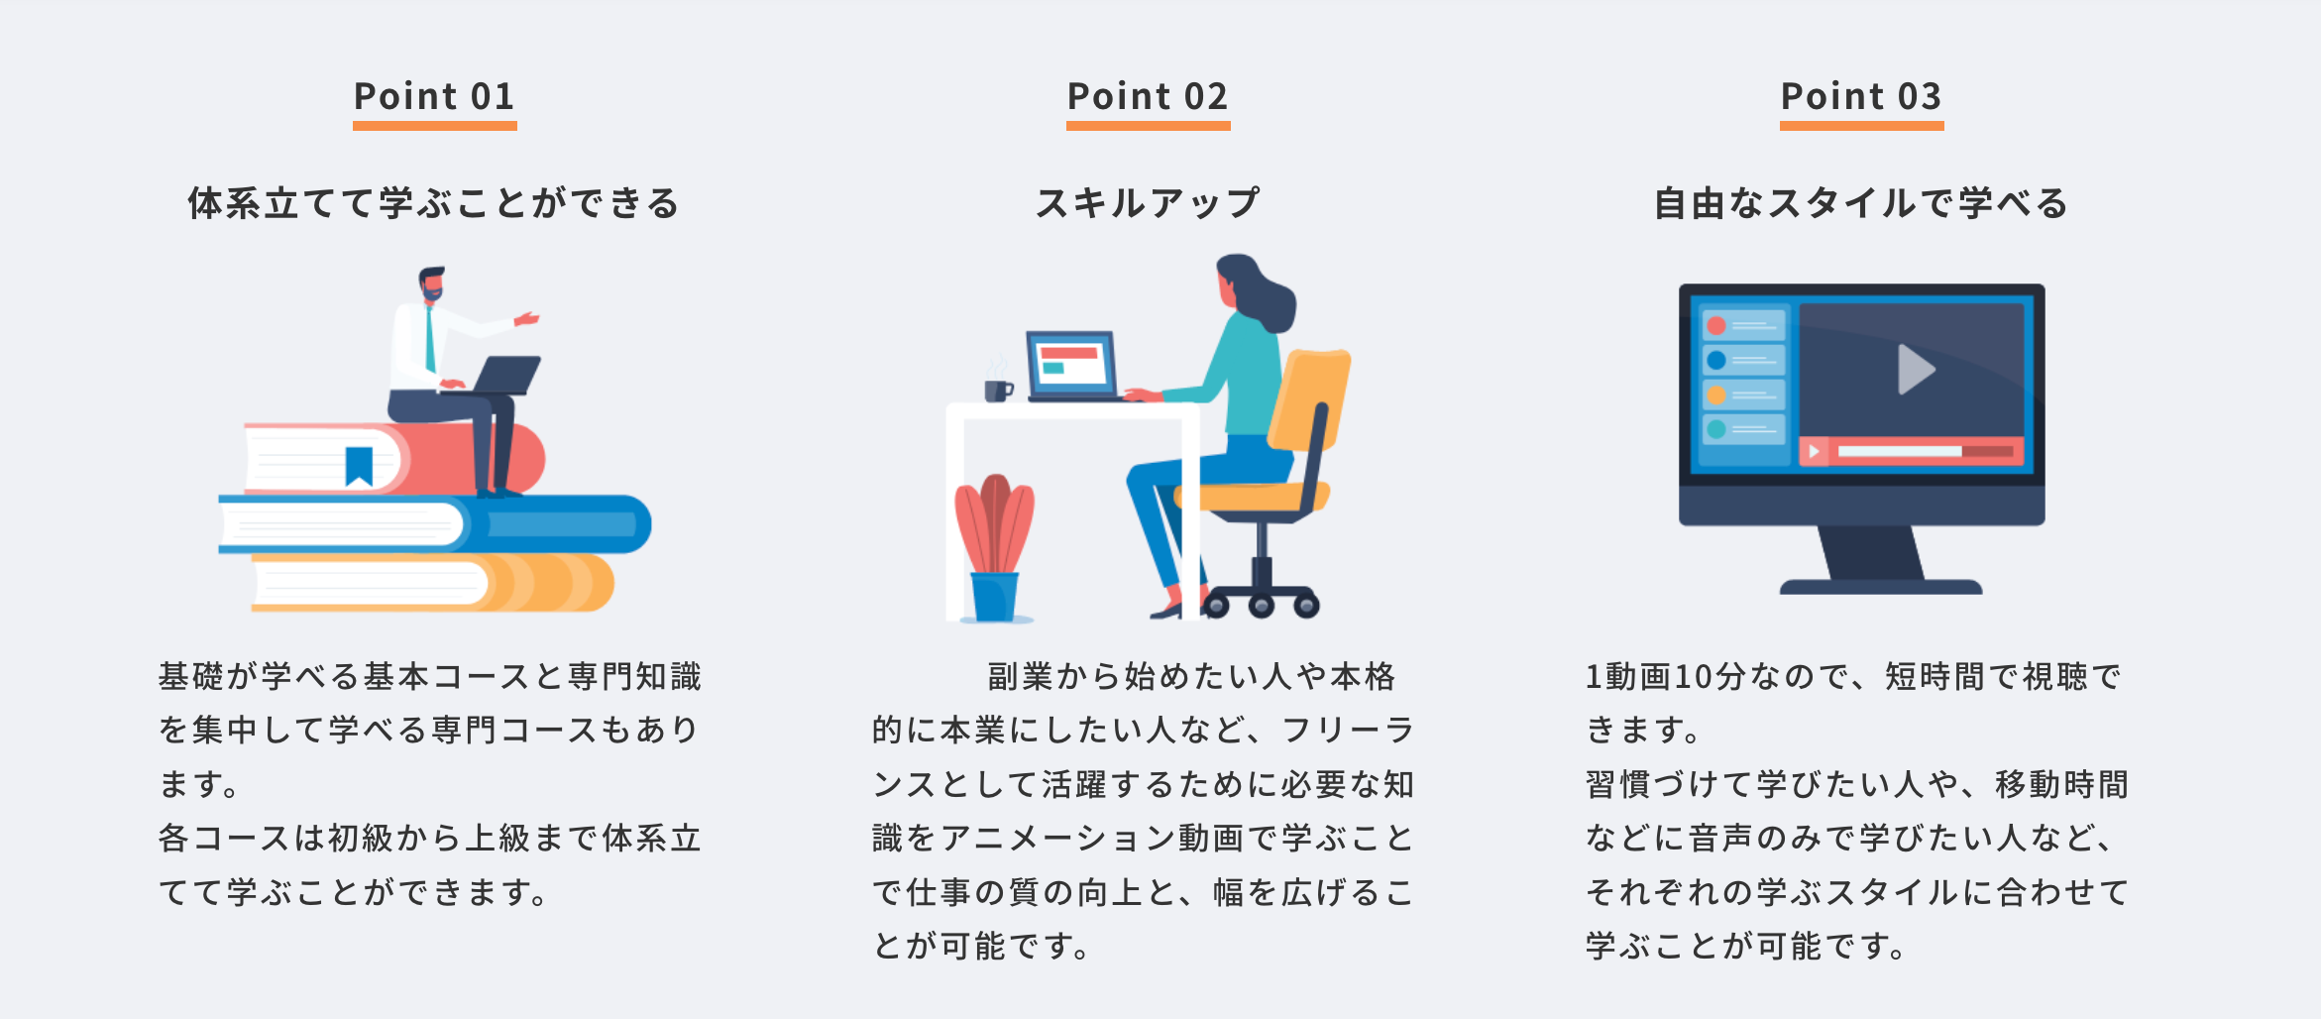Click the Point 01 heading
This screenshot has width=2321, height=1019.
[x=434, y=96]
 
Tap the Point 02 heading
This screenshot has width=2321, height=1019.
[x=1148, y=96]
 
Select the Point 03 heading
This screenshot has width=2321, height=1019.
[x=1861, y=96]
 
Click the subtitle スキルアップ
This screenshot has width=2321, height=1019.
[x=1148, y=203]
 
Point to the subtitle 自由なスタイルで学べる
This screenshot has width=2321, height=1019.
[x=1861, y=203]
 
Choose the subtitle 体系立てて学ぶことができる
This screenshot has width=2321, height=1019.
[x=434, y=203]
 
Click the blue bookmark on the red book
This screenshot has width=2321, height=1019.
[x=359, y=466]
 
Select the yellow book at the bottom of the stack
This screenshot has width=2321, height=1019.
[x=433, y=583]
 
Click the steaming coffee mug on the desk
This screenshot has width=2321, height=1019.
[x=998, y=389]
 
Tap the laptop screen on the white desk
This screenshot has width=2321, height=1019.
[x=1072, y=364]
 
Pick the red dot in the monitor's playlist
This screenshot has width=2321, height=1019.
[x=1716, y=326]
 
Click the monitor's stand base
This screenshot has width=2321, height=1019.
[x=1881, y=587]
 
